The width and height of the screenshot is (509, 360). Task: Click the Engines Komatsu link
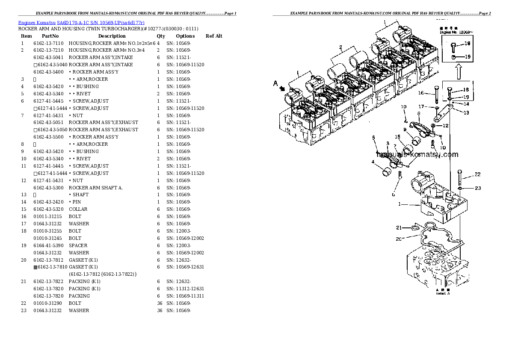point(37,22)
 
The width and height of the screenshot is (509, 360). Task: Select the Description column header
point(112,36)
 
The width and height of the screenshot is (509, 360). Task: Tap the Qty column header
point(161,36)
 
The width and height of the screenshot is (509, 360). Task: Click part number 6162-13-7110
point(48,43)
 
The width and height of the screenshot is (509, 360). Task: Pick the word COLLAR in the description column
point(78,209)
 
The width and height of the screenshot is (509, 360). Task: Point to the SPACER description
point(78,245)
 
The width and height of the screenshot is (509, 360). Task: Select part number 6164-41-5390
point(48,245)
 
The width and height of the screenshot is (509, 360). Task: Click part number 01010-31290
point(48,303)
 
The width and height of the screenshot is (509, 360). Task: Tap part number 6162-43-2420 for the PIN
point(48,202)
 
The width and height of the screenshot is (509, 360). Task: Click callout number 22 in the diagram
point(477,174)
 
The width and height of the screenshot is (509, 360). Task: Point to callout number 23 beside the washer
point(478,188)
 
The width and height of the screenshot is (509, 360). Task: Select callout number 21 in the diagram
point(399,227)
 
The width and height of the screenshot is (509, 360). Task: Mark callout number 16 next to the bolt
point(421,93)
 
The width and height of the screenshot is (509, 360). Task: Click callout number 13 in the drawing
point(466,113)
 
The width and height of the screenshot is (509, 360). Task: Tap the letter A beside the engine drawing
point(276,84)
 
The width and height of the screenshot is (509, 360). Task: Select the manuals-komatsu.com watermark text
point(417,155)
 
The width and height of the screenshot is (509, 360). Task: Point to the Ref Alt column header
point(214,36)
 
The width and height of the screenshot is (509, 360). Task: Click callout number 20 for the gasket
point(399,239)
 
